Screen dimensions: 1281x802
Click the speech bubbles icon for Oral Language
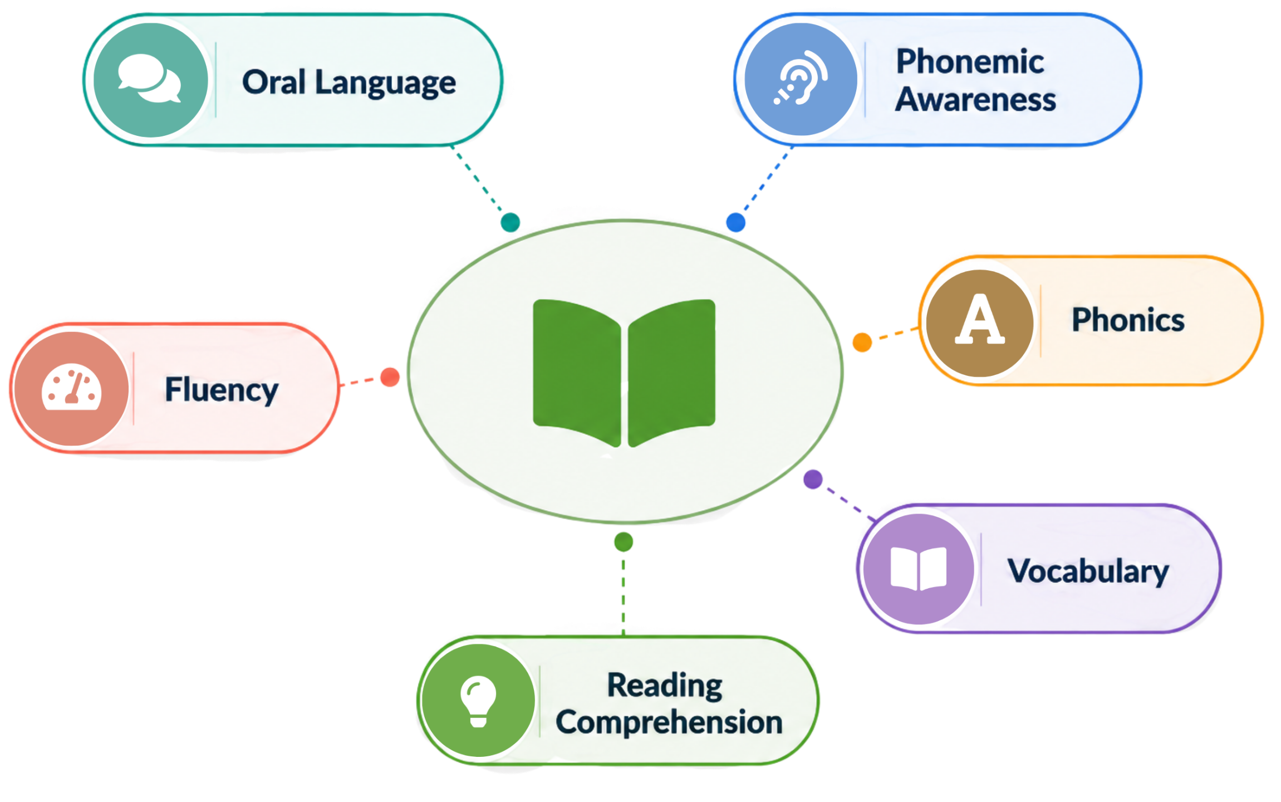[x=150, y=79]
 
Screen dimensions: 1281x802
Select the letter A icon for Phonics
[x=980, y=319]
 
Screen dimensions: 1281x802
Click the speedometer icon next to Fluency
[x=72, y=387]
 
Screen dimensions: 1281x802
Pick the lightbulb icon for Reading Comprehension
[x=478, y=701]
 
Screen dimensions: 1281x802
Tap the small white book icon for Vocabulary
[x=919, y=569]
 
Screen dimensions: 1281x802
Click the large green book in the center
[x=624, y=373]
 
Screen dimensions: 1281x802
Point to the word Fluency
[x=222, y=390]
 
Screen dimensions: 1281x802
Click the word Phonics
[x=1128, y=320]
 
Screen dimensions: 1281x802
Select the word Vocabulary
[x=1088, y=571]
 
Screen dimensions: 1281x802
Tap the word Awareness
[x=975, y=100]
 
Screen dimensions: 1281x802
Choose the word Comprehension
[x=669, y=722]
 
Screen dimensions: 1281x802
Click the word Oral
[x=274, y=82]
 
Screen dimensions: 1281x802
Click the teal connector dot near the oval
[x=511, y=222]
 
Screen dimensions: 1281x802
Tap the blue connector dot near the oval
[x=736, y=222]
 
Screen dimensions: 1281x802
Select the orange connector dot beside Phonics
[x=862, y=342]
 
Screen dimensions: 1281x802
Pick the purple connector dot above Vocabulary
[x=813, y=479]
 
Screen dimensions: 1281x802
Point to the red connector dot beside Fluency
[x=390, y=377]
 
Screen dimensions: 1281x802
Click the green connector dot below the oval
[x=624, y=542]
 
